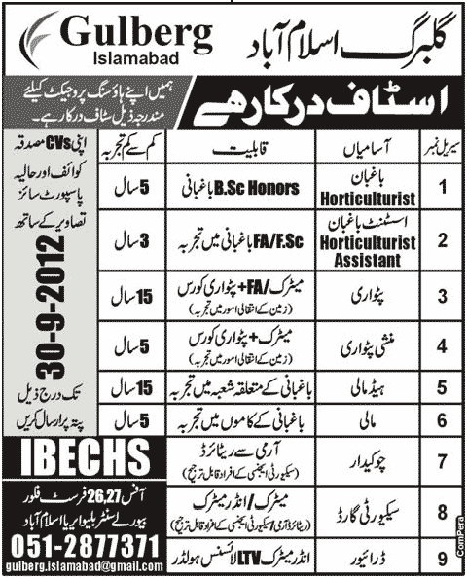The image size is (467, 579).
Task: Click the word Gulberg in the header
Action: [137, 35]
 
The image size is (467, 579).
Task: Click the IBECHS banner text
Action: [70, 453]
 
